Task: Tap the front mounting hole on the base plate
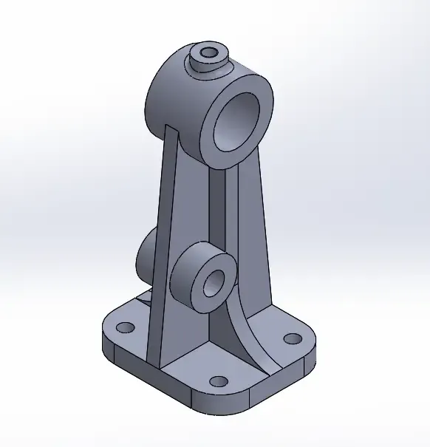tap(218, 381)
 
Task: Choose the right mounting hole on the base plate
tap(293, 340)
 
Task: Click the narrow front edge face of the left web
tap(161, 244)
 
